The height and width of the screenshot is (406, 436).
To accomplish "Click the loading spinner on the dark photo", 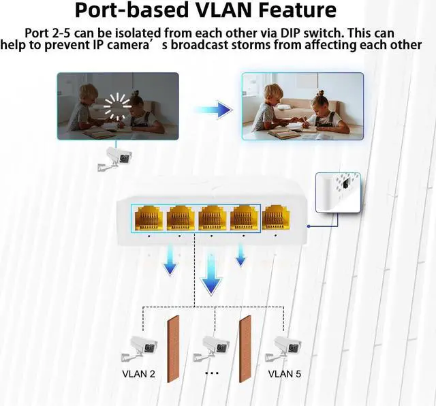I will click(116, 105).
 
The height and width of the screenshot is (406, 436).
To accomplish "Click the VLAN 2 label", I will click(138, 373).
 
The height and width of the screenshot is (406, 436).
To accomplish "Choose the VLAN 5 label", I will click(284, 373).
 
